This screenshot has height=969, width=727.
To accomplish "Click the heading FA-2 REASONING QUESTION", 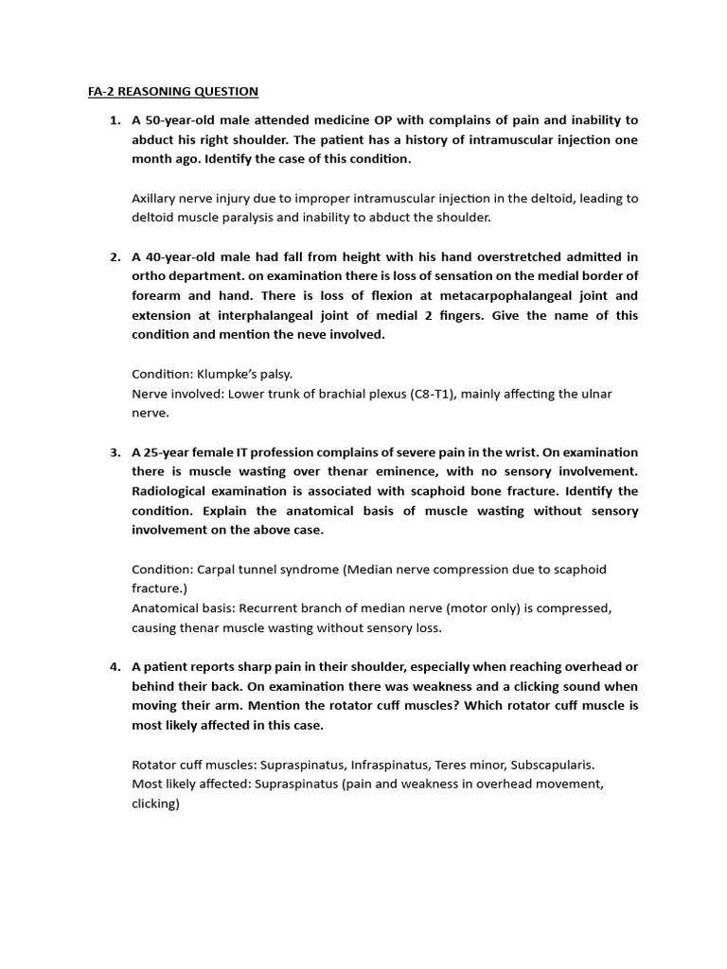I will pos(167,92).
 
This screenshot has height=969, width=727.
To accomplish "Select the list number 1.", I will pos(115,120).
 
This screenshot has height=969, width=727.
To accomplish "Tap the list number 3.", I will pos(115,452).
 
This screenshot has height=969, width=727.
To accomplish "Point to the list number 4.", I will pos(115,666).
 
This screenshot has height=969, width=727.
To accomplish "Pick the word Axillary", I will pos(156,198).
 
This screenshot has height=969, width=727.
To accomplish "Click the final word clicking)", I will pos(155,803).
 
